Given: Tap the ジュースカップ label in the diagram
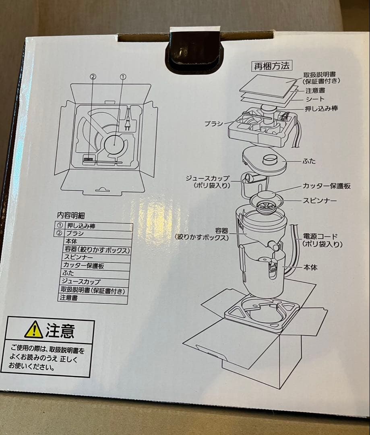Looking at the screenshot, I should [208, 178].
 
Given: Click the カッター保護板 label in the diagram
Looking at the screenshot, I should [327, 186].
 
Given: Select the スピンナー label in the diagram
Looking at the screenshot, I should [320, 200].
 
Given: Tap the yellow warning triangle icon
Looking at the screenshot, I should [33, 330].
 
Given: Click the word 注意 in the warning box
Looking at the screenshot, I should [60, 331].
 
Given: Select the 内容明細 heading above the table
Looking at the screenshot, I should [71, 215].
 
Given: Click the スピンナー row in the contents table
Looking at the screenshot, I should [78, 257].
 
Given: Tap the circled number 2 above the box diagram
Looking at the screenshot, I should [93, 76].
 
